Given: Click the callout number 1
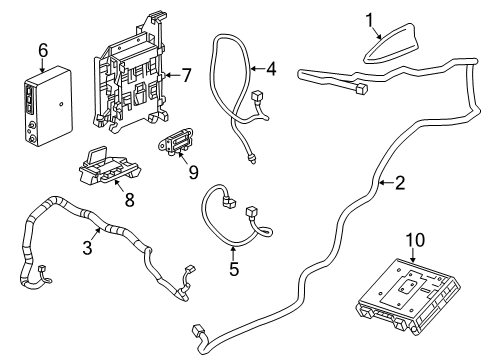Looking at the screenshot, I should [368, 18].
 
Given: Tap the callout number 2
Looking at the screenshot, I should [400, 183].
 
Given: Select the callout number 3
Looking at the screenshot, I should [87, 247].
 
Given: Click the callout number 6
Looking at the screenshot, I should [42, 49].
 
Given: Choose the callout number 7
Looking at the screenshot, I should [187, 75].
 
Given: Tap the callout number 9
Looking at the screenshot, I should [193, 171].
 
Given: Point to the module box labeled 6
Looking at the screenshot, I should [43, 103].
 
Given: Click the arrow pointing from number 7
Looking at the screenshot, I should [168, 75].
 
